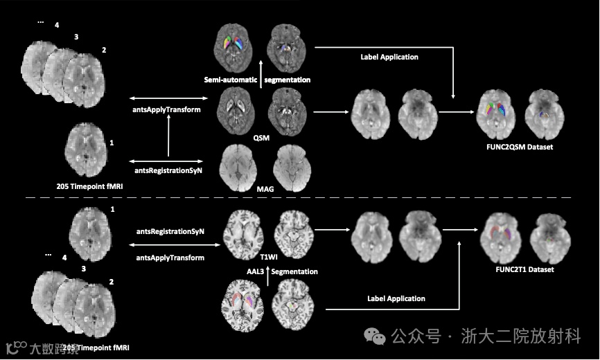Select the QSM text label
[x=261, y=137]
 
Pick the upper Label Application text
[x=389, y=57]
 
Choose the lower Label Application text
[x=396, y=298]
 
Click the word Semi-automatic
[x=229, y=80]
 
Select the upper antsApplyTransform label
[x=166, y=109]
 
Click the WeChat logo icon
[x=377, y=337]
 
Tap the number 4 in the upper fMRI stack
[x=57, y=26]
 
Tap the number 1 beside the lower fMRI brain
[x=112, y=208]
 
